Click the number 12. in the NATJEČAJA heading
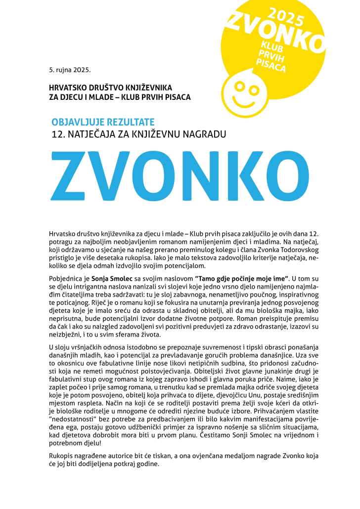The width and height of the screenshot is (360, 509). [58, 133]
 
